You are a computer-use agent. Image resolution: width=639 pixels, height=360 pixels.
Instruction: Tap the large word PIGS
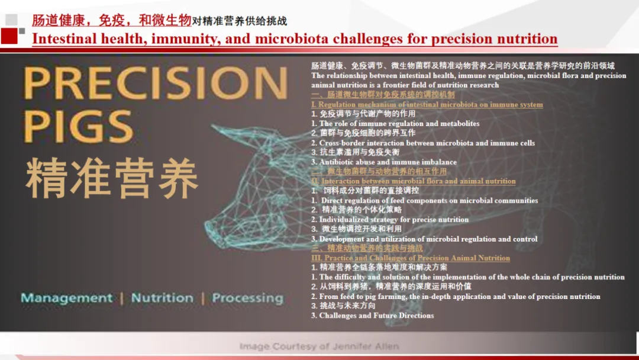tap(78, 127)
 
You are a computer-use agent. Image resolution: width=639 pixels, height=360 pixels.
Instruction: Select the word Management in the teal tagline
tap(66, 298)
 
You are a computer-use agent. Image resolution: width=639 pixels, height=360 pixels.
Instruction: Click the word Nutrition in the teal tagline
tap(162, 298)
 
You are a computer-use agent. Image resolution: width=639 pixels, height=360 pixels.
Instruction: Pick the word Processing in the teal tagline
tap(247, 298)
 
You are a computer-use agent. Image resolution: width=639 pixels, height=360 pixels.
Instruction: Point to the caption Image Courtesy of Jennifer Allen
tap(319, 346)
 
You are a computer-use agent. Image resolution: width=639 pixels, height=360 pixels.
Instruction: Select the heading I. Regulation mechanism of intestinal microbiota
tap(427, 105)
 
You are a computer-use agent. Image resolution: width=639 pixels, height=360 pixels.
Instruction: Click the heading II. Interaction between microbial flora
tap(414, 181)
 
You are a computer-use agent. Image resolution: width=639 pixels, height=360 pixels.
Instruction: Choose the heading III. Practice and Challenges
tap(411, 258)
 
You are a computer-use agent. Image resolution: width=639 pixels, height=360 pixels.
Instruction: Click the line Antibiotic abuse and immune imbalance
tap(385, 162)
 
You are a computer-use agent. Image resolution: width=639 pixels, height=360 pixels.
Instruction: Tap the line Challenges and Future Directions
tap(373, 316)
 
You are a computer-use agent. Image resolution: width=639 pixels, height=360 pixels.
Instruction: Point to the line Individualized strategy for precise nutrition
tap(390, 220)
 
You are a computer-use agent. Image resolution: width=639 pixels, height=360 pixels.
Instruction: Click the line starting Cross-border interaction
tap(424, 143)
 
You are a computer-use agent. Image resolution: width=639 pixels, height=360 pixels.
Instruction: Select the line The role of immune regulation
tap(396, 124)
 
